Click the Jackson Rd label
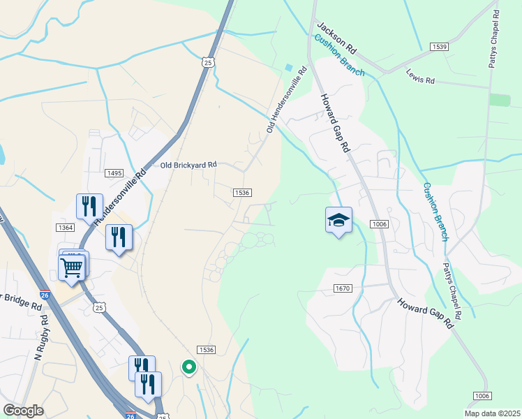point(337,40)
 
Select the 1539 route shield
point(439,47)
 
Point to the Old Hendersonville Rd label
point(287,100)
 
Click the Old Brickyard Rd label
point(188,165)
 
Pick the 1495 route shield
point(114,172)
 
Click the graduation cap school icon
point(338,221)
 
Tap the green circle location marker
point(188,366)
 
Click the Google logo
point(24,411)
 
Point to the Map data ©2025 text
point(492,413)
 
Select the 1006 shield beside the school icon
point(379,223)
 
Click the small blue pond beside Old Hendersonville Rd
point(289,68)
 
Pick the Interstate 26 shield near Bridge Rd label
point(45,295)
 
